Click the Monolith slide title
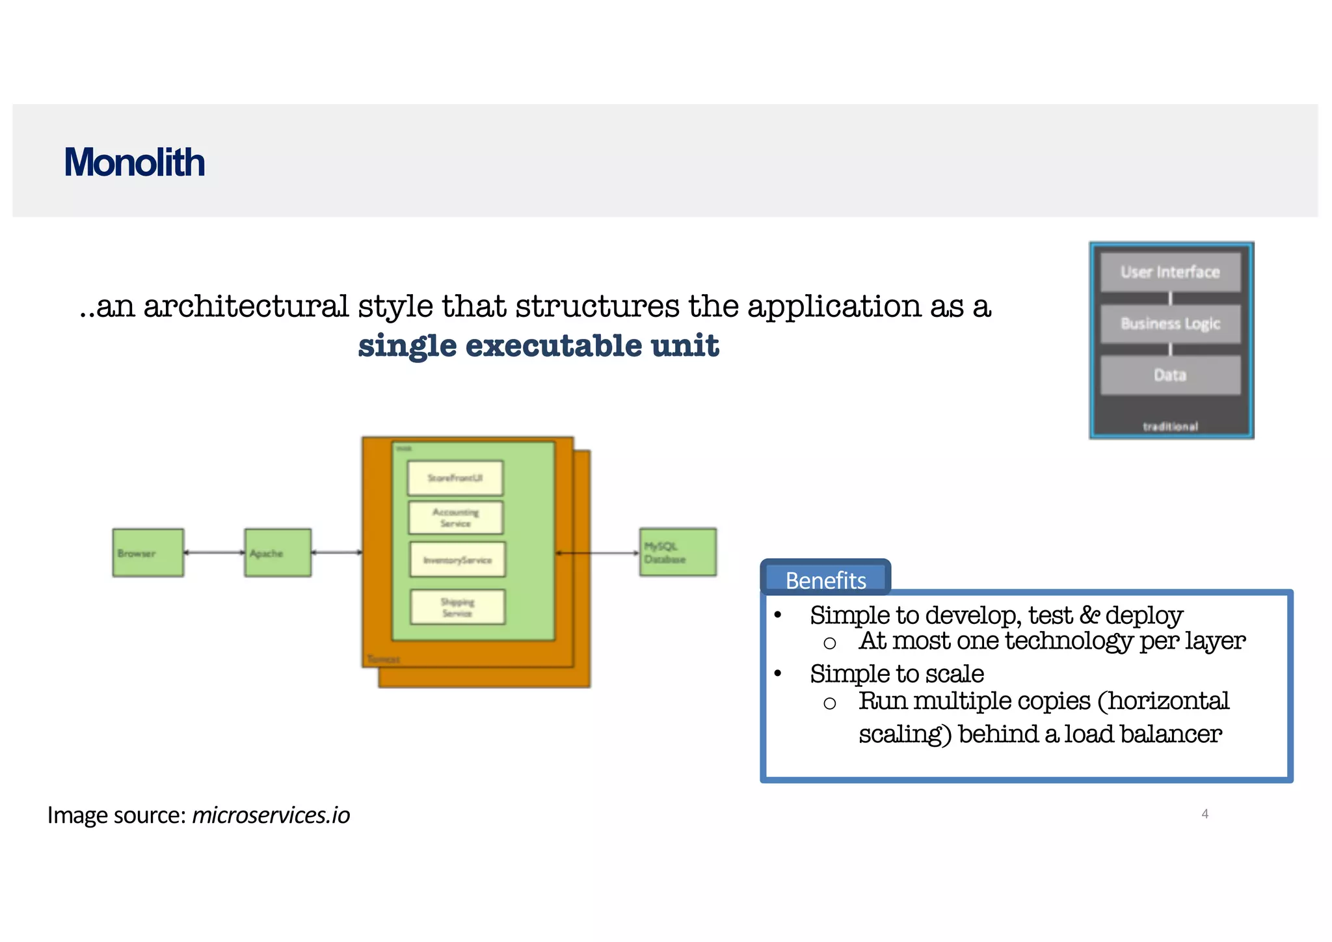click(x=134, y=162)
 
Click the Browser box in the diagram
click(x=148, y=553)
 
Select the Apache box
click(x=277, y=553)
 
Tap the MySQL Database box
click(x=677, y=552)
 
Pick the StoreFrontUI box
click(x=455, y=478)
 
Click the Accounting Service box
click(x=455, y=518)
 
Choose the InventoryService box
click(x=457, y=559)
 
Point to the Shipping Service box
click(x=457, y=607)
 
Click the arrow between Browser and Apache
click(x=214, y=552)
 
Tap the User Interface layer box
click(x=1170, y=272)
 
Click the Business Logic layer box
click(x=1170, y=323)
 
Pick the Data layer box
click(x=1170, y=375)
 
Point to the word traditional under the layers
click(x=1170, y=426)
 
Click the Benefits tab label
click(x=825, y=580)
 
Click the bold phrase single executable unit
click(x=539, y=345)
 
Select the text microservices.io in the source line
click(x=271, y=815)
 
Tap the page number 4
click(x=1205, y=814)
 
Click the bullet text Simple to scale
click(x=896, y=674)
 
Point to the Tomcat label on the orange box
click(x=384, y=659)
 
